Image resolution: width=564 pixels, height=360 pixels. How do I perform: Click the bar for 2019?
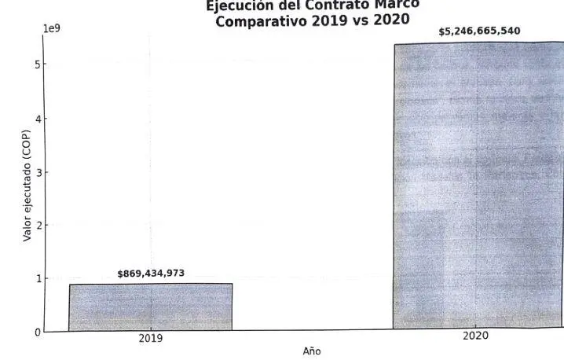coord(150,307)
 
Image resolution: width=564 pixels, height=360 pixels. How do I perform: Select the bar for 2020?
coord(478,186)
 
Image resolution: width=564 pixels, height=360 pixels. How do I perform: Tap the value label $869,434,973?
coord(151,274)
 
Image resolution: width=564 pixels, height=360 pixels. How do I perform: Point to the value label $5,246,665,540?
coord(478,31)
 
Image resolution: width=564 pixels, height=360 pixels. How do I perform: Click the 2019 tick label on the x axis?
coord(150,339)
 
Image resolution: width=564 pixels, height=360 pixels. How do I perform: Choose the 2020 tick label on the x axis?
coord(475,336)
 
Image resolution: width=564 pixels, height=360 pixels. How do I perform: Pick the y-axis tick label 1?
coord(38,279)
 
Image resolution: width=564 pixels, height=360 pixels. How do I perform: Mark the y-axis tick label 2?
coord(38,226)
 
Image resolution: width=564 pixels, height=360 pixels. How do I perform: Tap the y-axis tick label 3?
coord(38,172)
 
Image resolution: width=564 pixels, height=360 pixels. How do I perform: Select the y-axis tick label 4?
coord(38,119)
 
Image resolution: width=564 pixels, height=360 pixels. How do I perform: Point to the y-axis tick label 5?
coord(38,64)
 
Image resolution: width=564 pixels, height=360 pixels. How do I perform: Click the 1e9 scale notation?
coord(51,29)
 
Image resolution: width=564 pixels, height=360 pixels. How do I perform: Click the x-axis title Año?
coord(312,351)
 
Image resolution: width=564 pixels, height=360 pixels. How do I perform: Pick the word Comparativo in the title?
coord(260,22)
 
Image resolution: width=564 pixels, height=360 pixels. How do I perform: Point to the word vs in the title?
coord(361,21)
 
